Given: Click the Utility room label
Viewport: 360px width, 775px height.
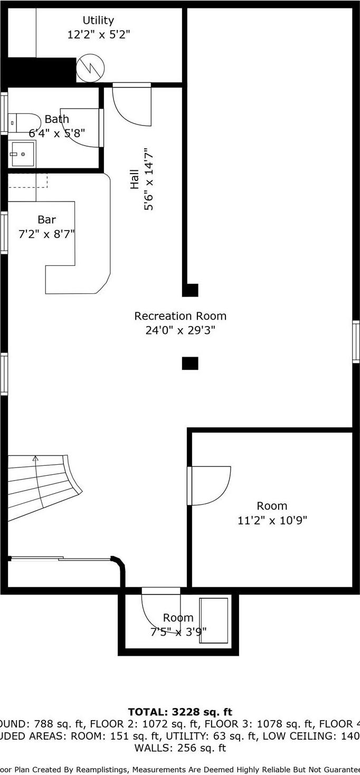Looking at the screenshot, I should (x=98, y=21).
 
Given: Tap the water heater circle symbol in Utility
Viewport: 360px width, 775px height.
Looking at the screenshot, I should (x=90, y=68).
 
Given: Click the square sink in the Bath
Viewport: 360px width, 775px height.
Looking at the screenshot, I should (x=23, y=154).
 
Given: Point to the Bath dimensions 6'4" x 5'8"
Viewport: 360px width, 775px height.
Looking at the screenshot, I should (x=56, y=133).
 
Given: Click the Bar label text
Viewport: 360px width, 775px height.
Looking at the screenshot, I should (x=46, y=219).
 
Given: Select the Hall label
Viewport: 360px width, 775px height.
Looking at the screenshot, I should (x=135, y=179).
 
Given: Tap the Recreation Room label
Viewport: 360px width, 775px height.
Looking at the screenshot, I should (x=180, y=316).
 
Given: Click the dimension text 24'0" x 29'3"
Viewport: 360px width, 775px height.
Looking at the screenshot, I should (x=180, y=331).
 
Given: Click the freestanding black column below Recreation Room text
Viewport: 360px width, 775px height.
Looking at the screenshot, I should (x=190, y=363).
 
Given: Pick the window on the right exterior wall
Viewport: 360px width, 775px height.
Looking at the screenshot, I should (x=356, y=341).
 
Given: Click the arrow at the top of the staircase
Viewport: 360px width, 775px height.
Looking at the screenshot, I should (x=35, y=458).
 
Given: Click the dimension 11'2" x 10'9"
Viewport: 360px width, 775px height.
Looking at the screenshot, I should (x=272, y=521).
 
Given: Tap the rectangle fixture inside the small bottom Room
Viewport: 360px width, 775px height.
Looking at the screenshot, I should (x=214, y=620).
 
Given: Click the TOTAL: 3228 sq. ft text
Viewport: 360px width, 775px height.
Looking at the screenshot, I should (x=180, y=712).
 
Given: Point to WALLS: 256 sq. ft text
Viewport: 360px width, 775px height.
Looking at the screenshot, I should (x=180, y=748).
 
